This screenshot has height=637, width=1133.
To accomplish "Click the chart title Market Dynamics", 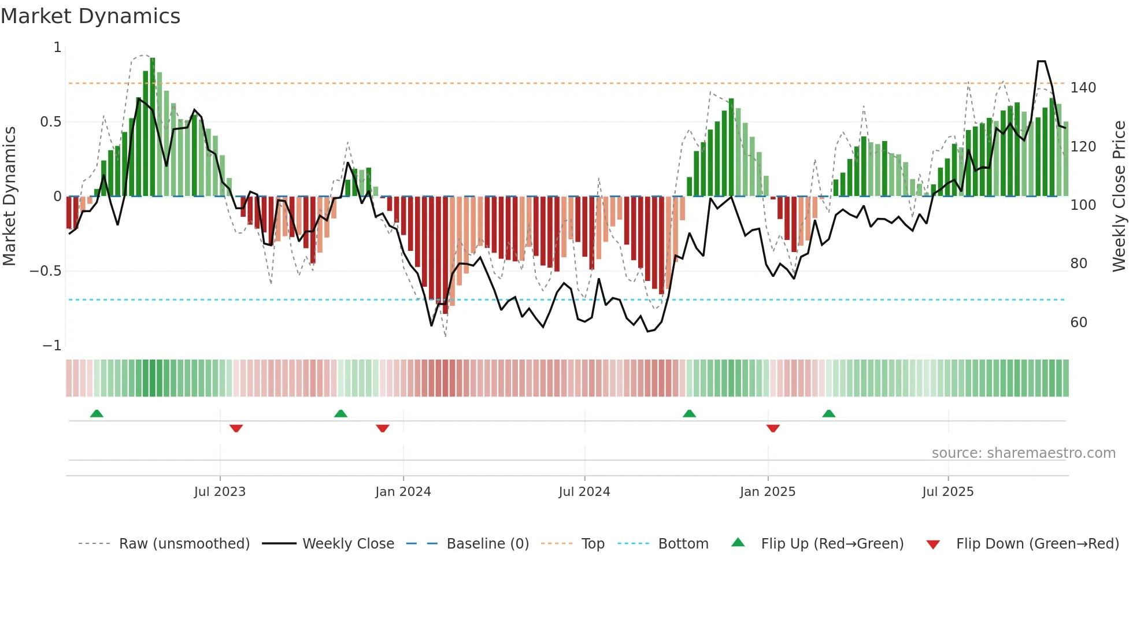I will (x=91, y=16).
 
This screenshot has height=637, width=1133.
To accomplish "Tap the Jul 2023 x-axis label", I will (x=220, y=492).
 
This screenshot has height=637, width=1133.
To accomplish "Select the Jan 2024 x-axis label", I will (x=403, y=492).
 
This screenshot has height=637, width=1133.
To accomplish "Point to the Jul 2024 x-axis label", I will (x=584, y=492).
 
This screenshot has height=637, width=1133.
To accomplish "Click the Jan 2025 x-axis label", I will (x=767, y=492).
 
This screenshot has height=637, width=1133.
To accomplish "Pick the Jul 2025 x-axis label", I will (x=947, y=492).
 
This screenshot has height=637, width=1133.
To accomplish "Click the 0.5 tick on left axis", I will (x=50, y=122).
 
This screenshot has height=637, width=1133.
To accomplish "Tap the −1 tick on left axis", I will (x=51, y=346).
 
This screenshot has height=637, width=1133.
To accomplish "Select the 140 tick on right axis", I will (x=1083, y=88).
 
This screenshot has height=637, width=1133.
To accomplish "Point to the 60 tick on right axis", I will (x=1079, y=323).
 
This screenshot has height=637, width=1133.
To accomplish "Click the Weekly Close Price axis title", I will (x=1119, y=197).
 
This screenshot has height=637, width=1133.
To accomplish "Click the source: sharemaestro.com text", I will (x=1023, y=453).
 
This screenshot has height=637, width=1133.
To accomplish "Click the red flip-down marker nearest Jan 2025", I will (x=773, y=428).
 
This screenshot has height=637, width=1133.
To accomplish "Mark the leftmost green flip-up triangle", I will (x=97, y=413).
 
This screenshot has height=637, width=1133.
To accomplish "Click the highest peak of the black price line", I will (x=1041, y=61).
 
